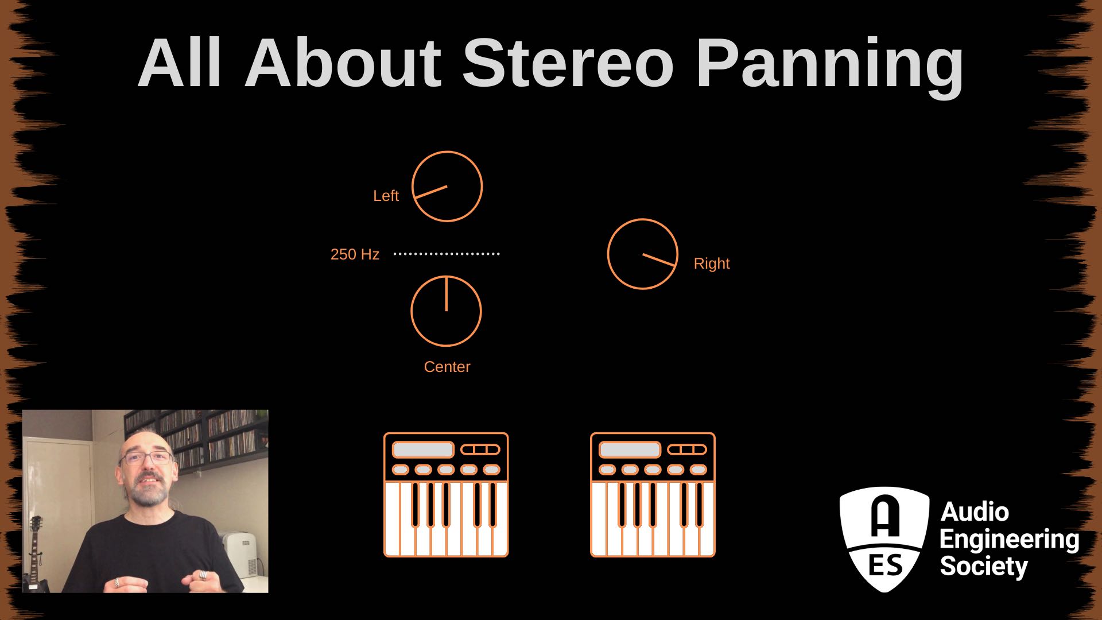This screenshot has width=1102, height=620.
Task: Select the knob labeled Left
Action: point(447,187)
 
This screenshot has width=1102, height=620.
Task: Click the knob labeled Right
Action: point(642,254)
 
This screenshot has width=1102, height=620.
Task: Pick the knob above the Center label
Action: point(446,311)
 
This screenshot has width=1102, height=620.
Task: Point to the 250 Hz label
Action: point(355,254)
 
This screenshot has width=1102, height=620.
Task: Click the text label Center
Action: point(447,367)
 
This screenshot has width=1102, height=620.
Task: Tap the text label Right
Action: point(711,263)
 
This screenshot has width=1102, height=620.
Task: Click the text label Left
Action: point(386,196)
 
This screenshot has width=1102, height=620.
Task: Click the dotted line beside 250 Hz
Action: point(447,254)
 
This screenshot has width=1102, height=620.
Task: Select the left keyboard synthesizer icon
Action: point(446,495)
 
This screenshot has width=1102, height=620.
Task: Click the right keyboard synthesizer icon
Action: point(653,495)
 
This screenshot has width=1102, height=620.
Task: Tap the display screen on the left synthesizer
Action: point(423,449)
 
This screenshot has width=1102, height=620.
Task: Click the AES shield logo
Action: point(884,538)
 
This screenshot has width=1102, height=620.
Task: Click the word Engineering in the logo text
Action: point(1009,540)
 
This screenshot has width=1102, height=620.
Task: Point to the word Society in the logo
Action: point(984,567)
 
